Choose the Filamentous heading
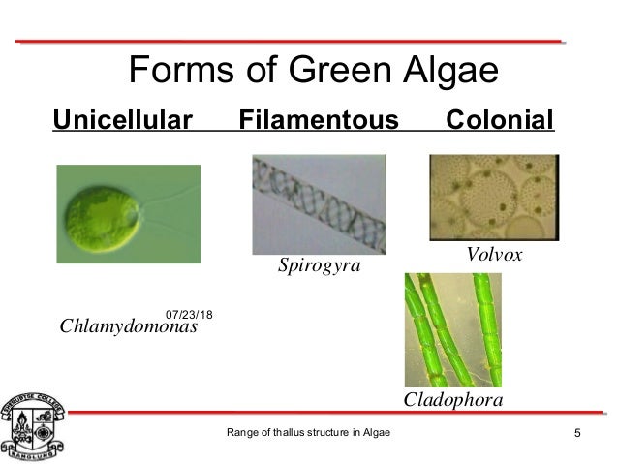(x=319, y=122)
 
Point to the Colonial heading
(x=499, y=122)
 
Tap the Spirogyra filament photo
(x=316, y=203)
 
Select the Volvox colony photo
(x=495, y=198)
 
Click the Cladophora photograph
(x=452, y=328)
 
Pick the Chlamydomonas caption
(x=128, y=326)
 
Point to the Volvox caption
(x=494, y=255)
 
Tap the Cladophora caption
(x=453, y=399)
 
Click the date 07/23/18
(x=191, y=314)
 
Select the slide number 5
(x=578, y=432)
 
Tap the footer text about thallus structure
(x=308, y=432)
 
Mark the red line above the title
(x=291, y=42)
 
